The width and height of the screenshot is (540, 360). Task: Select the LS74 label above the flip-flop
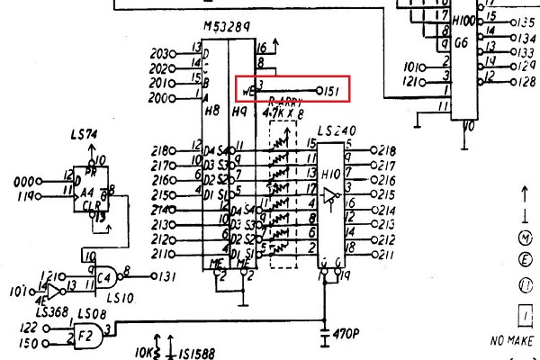[84, 134]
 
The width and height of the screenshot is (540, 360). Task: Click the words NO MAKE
[515, 342]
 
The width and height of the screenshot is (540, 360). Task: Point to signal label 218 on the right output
[388, 150]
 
